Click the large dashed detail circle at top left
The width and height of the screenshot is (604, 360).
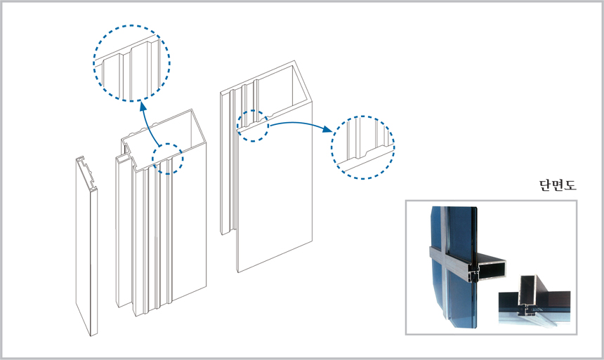[x=131, y=62]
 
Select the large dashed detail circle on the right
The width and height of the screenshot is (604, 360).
[x=362, y=148]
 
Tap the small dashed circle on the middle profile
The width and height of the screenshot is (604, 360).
[x=167, y=159]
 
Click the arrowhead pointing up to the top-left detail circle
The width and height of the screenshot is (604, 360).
[x=142, y=105]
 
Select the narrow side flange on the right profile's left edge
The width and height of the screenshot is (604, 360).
[x=226, y=161]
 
